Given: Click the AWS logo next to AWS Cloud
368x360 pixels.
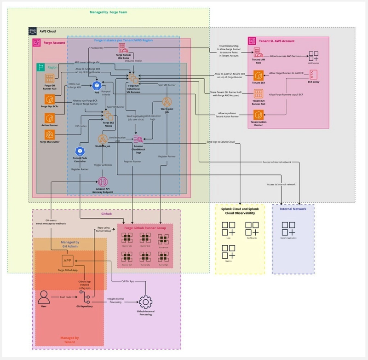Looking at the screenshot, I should [x=33, y=31].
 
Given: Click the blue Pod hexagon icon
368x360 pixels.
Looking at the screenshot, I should [x=97, y=85].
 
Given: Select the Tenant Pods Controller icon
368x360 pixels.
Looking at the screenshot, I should [x=80, y=151].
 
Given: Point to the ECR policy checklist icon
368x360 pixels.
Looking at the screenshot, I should [x=313, y=74].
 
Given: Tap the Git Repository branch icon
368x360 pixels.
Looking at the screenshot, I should [x=85, y=297].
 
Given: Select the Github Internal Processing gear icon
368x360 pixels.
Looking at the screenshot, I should [x=146, y=302].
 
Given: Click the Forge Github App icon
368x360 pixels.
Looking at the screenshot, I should [x=67, y=261].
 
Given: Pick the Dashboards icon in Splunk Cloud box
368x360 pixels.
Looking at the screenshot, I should [x=252, y=228].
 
